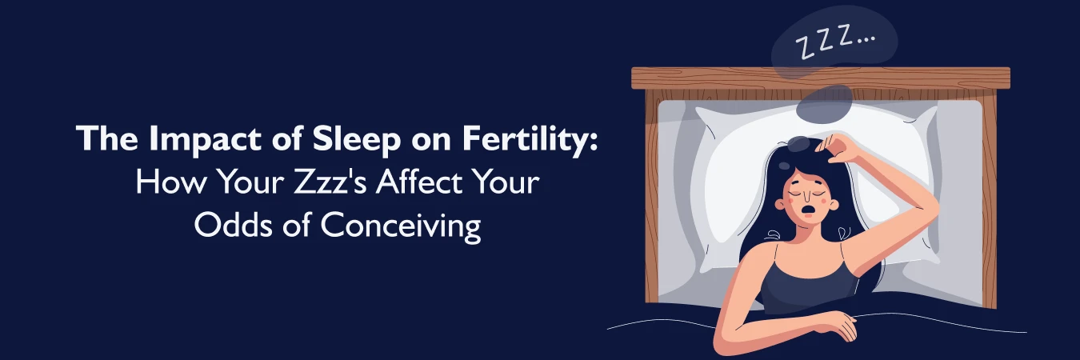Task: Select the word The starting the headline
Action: click(x=104, y=142)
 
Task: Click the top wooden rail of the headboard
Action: click(x=820, y=78)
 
